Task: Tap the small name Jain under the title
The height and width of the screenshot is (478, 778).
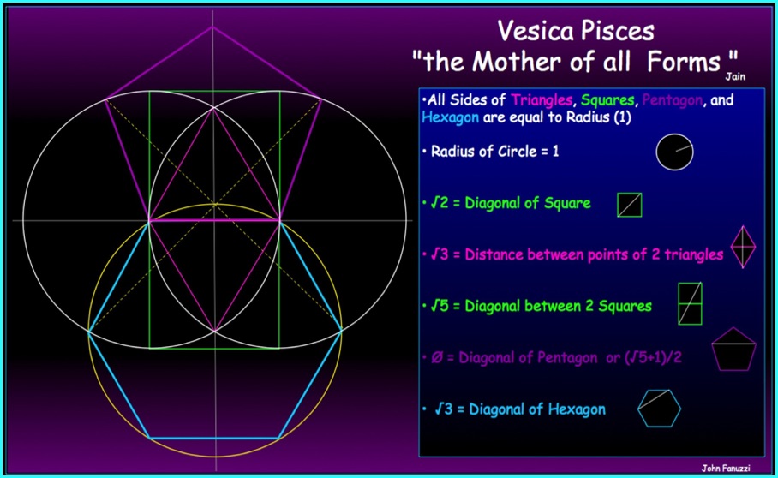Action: (735, 76)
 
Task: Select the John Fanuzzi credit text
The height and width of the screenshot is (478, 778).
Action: (726, 468)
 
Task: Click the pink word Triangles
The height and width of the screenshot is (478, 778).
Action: (542, 100)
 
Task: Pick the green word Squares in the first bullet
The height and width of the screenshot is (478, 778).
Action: (607, 101)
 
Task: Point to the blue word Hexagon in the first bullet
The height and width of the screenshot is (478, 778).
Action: (450, 117)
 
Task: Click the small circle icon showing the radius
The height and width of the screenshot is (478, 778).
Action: (675, 152)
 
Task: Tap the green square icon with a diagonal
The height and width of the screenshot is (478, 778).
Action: (629, 205)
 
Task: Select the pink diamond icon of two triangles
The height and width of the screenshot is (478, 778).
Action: (743, 247)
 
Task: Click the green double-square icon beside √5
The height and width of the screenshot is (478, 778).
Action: (691, 303)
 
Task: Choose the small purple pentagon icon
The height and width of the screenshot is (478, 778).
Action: (733, 349)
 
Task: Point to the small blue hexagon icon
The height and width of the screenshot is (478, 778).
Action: (660, 409)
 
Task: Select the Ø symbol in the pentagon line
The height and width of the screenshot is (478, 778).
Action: (437, 357)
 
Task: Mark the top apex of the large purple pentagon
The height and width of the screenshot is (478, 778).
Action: (212, 27)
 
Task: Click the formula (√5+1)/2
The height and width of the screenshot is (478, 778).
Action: (652, 357)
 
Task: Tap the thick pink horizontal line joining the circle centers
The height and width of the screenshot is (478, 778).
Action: (214, 220)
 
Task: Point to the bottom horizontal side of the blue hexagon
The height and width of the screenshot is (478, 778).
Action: (214, 438)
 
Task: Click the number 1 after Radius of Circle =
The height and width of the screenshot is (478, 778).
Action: (556, 152)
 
